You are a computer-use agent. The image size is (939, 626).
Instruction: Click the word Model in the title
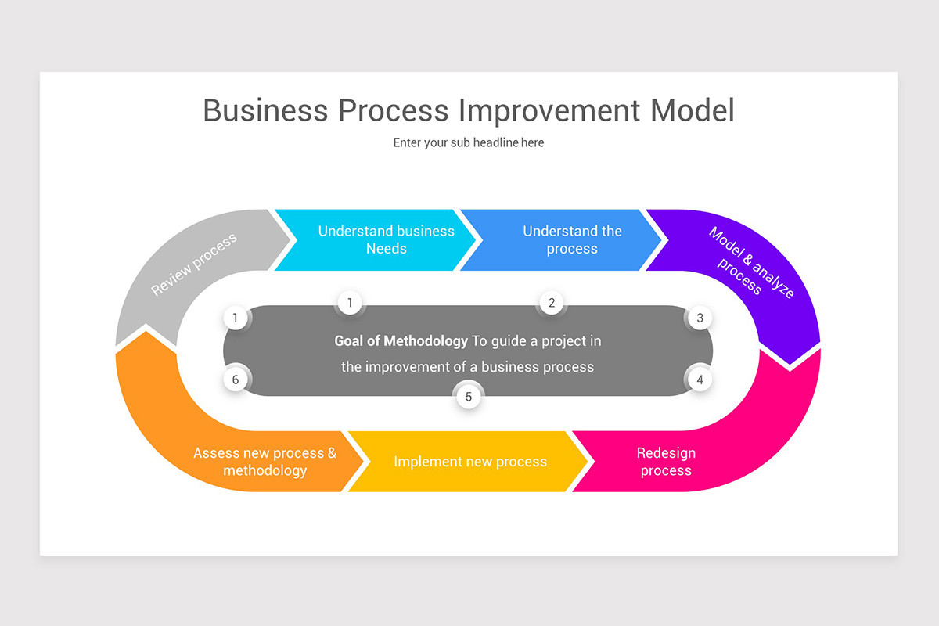point(693,110)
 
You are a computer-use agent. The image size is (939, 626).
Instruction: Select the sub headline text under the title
point(469,142)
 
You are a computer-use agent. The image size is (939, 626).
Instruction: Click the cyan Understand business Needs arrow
point(376,240)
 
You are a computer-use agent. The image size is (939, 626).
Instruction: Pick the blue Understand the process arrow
point(563,240)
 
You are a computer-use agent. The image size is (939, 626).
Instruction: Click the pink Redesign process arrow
point(689,462)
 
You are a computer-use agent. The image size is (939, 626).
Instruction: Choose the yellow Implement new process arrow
point(469,462)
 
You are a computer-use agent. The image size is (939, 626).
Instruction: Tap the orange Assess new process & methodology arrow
point(250,462)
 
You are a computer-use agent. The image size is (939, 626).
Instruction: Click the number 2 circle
point(552,303)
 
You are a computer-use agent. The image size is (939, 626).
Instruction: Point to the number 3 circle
point(700,318)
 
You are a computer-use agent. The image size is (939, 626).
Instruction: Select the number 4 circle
point(700,380)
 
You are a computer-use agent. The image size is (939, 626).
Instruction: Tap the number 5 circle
point(469,397)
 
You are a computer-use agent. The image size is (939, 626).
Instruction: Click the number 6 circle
point(236,380)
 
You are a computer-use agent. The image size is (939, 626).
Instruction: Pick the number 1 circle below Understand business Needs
point(350,303)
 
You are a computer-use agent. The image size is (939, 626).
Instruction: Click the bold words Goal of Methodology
point(401,341)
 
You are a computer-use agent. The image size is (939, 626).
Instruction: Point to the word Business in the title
point(265,110)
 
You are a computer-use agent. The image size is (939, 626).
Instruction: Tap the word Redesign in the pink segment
point(666,453)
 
